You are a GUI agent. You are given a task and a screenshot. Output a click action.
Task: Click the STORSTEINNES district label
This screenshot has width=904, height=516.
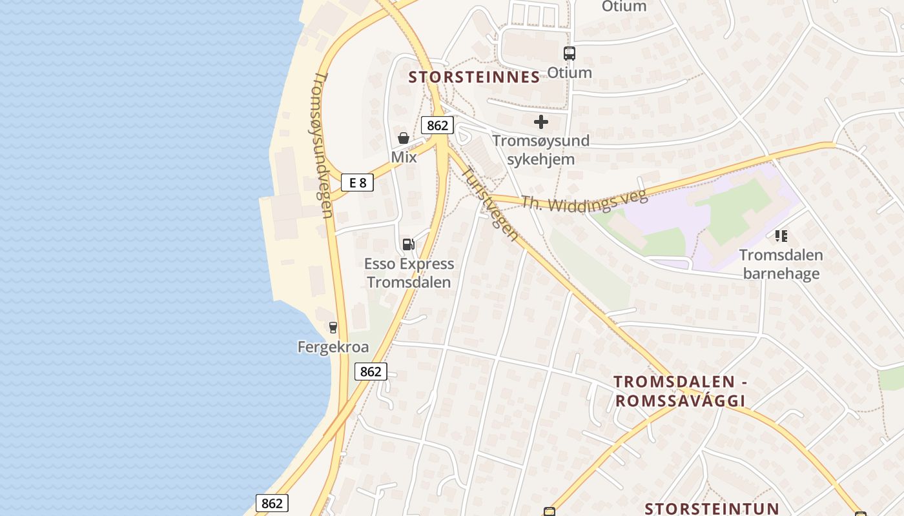(475, 77)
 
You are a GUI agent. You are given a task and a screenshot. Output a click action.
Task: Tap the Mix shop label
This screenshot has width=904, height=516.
(404, 157)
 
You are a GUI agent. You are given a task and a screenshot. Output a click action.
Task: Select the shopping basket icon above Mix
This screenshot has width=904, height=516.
(404, 137)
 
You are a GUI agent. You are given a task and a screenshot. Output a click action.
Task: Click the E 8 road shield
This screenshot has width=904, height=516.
(358, 183)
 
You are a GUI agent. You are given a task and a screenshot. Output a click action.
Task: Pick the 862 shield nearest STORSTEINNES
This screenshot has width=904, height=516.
(437, 125)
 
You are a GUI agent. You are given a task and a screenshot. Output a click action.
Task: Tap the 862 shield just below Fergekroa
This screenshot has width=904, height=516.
(371, 372)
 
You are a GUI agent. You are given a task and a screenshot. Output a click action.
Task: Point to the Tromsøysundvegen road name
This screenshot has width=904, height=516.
(322, 145)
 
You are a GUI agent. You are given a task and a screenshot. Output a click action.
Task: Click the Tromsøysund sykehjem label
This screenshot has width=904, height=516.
(541, 150)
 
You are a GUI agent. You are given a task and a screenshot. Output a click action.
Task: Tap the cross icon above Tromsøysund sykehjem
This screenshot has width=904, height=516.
(541, 121)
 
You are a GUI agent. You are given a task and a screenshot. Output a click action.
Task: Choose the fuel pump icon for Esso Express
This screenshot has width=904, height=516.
(408, 244)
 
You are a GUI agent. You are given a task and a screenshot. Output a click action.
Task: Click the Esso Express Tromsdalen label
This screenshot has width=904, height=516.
(409, 273)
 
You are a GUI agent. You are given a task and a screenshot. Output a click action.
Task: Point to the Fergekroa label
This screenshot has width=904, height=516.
(333, 347)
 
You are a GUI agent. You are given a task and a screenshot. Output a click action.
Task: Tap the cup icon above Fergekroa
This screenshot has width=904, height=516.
(333, 327)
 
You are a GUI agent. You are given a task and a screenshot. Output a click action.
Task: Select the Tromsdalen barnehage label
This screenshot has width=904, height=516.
(781, 264)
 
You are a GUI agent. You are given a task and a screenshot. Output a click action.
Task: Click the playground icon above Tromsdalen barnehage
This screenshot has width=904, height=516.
(781, 236)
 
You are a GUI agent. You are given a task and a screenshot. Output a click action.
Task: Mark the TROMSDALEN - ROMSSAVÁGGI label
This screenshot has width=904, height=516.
(680, 391)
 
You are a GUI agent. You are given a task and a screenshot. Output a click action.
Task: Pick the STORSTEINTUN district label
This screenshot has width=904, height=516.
(712, 508)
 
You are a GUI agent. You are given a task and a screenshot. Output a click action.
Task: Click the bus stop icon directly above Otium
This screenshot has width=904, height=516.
(569, 54)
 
